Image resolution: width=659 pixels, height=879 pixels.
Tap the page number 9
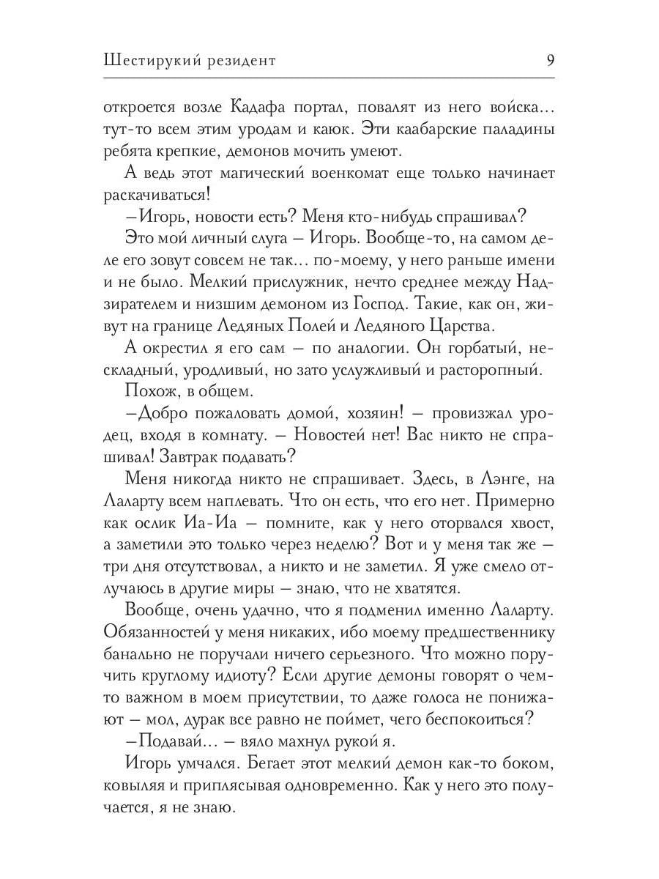point(549,60)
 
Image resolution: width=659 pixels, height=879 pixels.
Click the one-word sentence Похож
point(146,392)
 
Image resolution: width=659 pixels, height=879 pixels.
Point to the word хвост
point(530,525)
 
